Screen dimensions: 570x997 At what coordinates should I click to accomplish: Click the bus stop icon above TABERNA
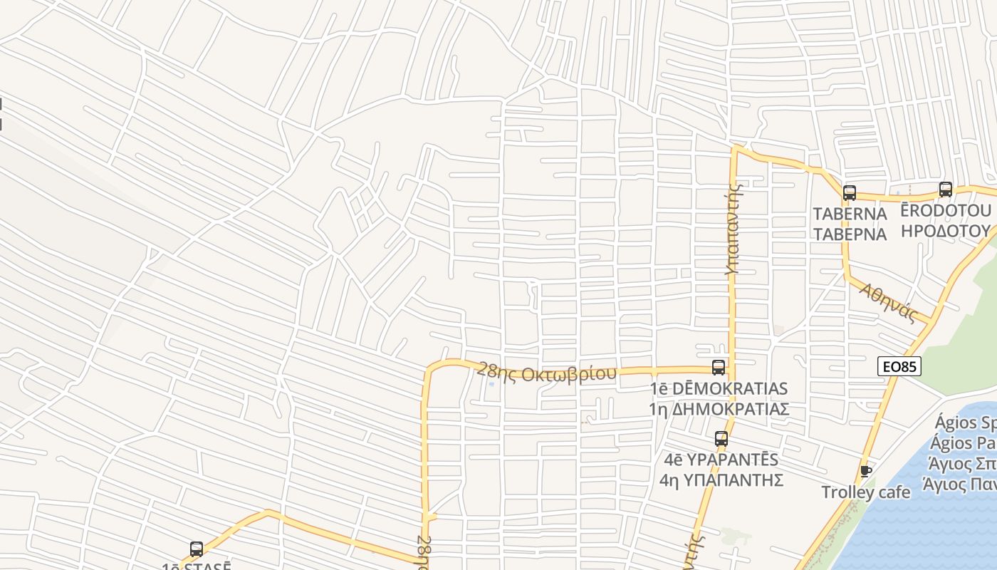[849, 192]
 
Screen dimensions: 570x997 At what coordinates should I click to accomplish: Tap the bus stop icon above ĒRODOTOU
[945, 190]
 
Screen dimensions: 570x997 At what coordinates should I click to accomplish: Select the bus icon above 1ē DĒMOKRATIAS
[719, 368]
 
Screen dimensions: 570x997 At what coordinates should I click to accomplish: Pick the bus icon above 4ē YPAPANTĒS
[721, 439]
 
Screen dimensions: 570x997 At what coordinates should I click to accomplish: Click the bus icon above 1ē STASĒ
[197, 549]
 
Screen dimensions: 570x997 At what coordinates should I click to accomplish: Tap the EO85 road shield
[899, 367]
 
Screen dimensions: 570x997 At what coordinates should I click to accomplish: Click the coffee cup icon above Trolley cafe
[866, 471]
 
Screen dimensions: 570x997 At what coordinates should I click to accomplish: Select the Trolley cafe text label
[865, 492]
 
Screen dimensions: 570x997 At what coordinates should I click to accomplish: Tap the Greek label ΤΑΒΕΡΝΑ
[850, 234]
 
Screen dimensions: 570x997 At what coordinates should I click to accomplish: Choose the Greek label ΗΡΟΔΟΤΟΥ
[946, 231]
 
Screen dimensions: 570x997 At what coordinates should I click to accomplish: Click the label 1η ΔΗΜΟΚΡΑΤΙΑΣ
[719, 409]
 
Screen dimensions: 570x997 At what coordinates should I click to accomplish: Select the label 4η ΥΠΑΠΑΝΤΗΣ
[721, 480]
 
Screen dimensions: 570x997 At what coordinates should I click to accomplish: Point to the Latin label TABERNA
[850, 214]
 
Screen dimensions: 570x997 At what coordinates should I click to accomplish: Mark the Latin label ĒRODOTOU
[946, 211]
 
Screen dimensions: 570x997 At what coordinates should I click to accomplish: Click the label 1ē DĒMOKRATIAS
[719, 388]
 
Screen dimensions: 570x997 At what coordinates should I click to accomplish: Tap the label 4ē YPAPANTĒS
[721, 460]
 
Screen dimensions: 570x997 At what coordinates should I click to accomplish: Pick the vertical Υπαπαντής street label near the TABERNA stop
[734, 228]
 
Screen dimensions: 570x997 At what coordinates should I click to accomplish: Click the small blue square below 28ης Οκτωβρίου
[491, 385]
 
